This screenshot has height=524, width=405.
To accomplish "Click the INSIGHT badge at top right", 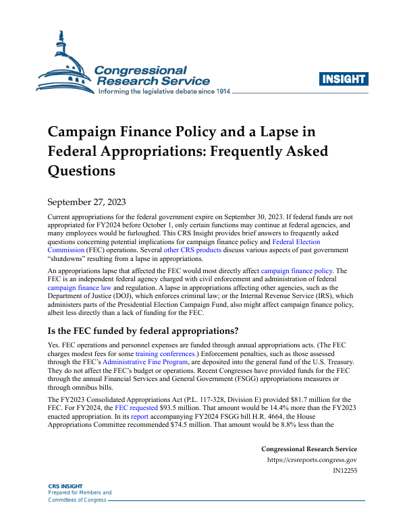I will (344, 78).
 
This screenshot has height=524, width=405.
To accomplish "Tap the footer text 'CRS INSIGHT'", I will (66, 486).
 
